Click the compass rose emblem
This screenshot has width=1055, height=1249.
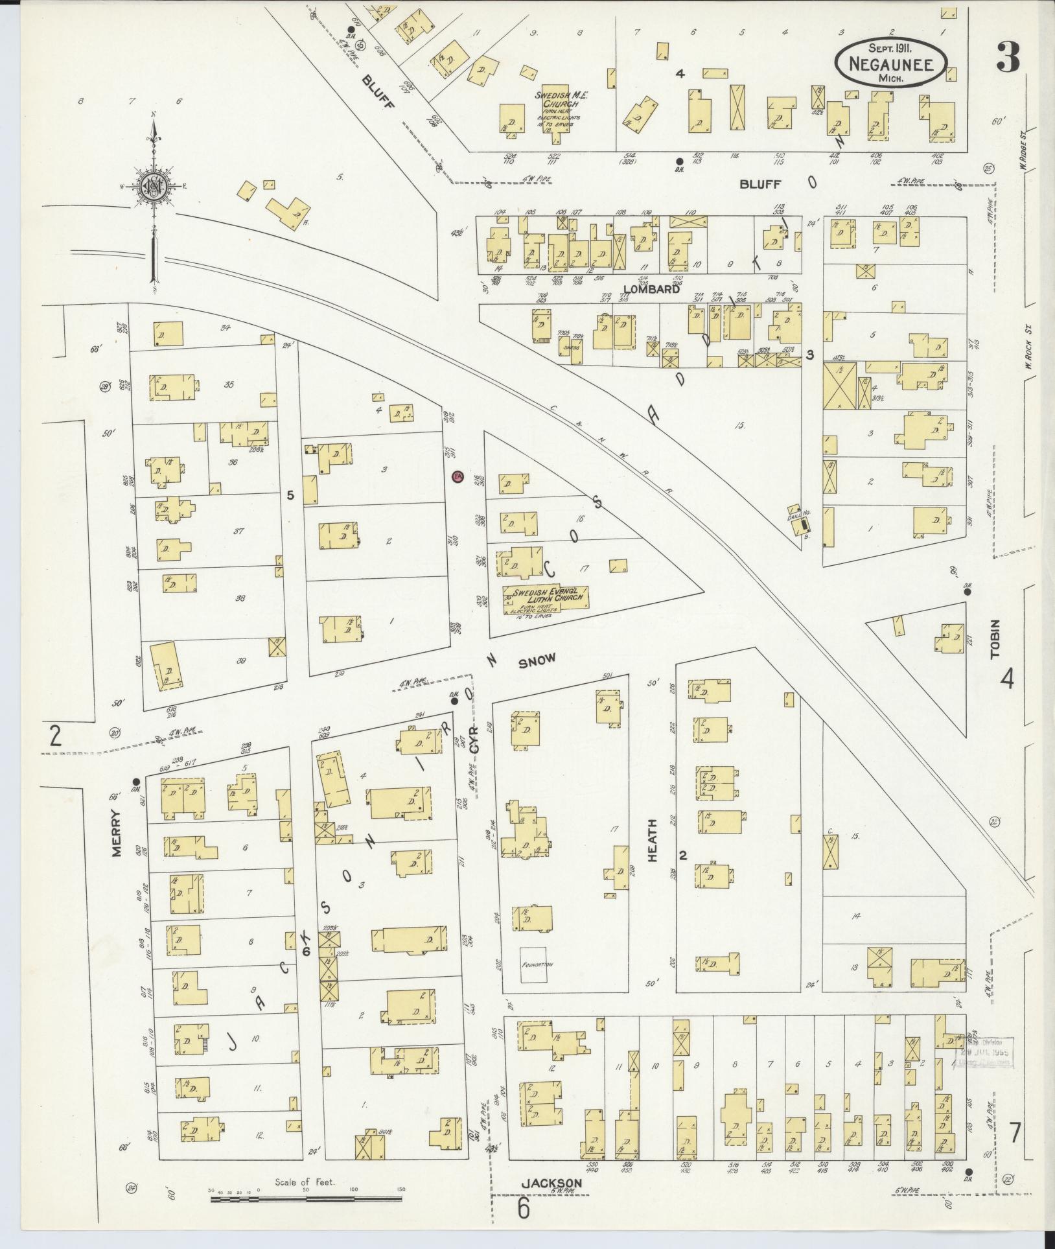click(x=154, y=187)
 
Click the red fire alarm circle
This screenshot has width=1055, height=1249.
click(x=457, y=476)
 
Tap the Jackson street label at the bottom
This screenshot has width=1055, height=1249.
click(x=551, y=1183)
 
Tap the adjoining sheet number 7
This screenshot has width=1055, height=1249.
click(x=1015, y=1132)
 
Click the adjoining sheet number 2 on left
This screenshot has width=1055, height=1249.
click(x=55, y=737)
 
